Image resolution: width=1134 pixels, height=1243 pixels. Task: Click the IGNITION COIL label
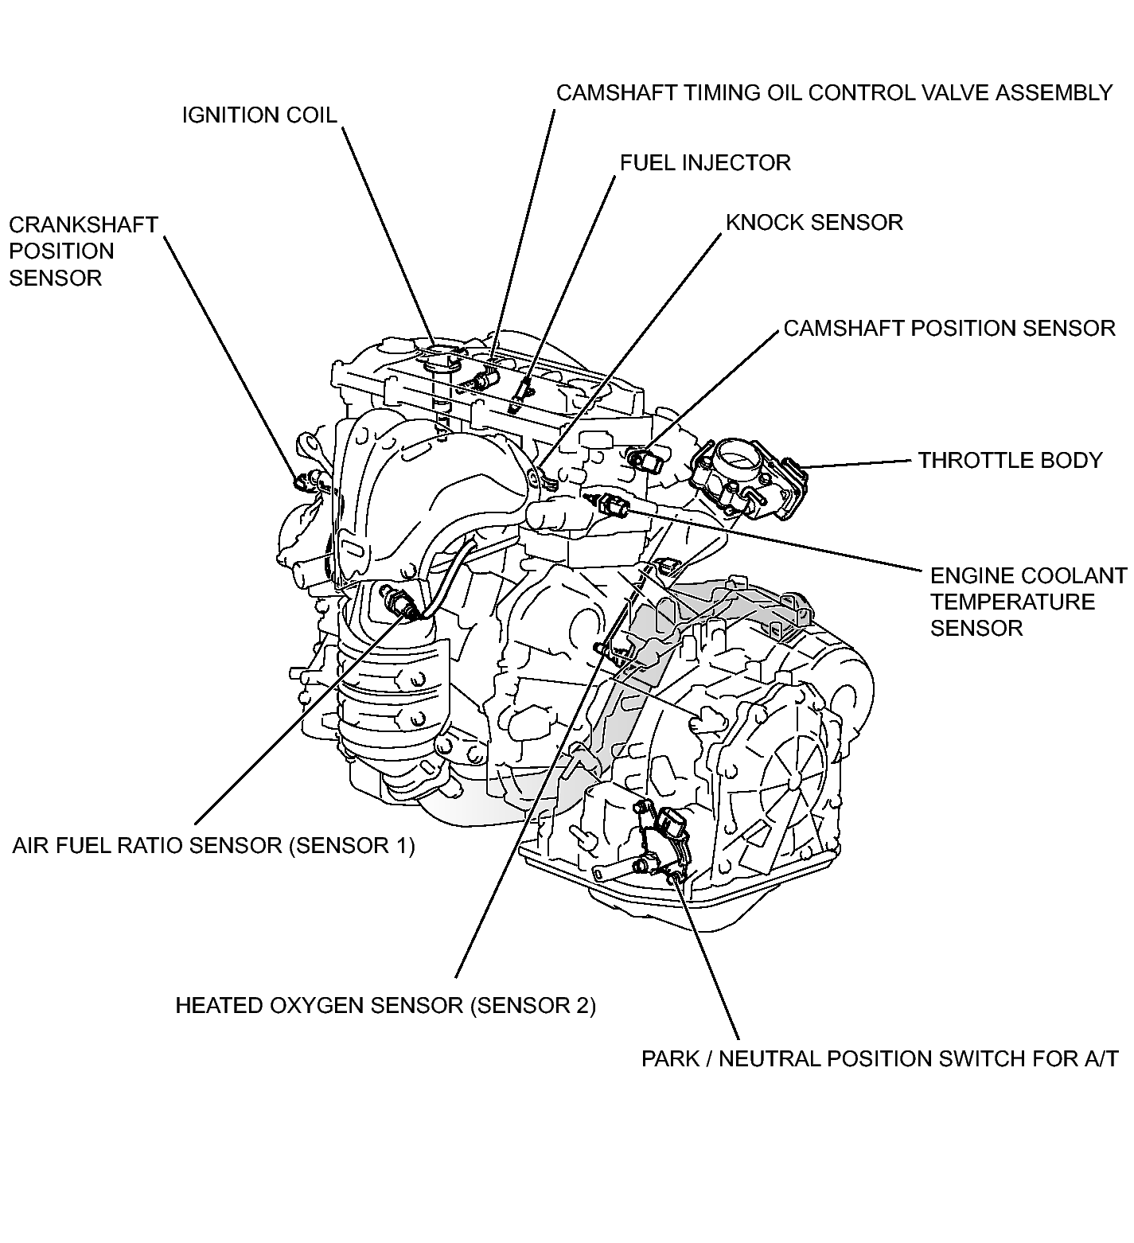259,115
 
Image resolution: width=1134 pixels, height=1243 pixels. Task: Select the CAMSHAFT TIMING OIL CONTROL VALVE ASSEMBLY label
833,93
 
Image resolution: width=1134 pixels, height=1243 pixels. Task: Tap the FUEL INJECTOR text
705,163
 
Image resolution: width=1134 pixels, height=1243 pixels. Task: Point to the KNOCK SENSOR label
814,222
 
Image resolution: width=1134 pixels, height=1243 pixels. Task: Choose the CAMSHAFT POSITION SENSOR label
949,328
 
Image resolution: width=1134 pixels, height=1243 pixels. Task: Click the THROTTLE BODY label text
1010,460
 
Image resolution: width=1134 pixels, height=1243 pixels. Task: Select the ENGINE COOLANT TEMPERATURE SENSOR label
1027,602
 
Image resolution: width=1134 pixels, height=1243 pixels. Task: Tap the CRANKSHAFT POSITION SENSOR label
83,251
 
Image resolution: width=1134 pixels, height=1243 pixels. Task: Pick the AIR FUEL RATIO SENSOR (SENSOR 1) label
213,845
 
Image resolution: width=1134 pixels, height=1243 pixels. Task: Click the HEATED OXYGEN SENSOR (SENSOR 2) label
385,1005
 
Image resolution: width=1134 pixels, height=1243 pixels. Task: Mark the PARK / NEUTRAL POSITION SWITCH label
879,1059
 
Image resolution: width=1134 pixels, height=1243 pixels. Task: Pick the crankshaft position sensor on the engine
304,481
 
